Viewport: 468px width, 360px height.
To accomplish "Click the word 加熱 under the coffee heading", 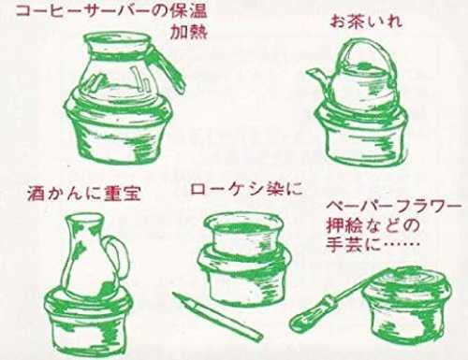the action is pos(188,32).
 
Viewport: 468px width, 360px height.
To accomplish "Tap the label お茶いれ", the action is pos(366,22).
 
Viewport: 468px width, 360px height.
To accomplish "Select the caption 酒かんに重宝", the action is pos(84,194).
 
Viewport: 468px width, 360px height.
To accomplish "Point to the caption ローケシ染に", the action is pos(246,189).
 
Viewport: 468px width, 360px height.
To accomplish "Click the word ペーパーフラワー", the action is pos(394,207).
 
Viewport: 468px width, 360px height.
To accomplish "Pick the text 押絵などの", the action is pos(373,225).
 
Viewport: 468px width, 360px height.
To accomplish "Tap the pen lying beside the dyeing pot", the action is pos(217,316).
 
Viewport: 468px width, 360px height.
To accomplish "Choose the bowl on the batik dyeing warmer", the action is pos(243,232).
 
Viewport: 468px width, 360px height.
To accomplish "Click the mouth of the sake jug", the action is pos(83,218).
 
